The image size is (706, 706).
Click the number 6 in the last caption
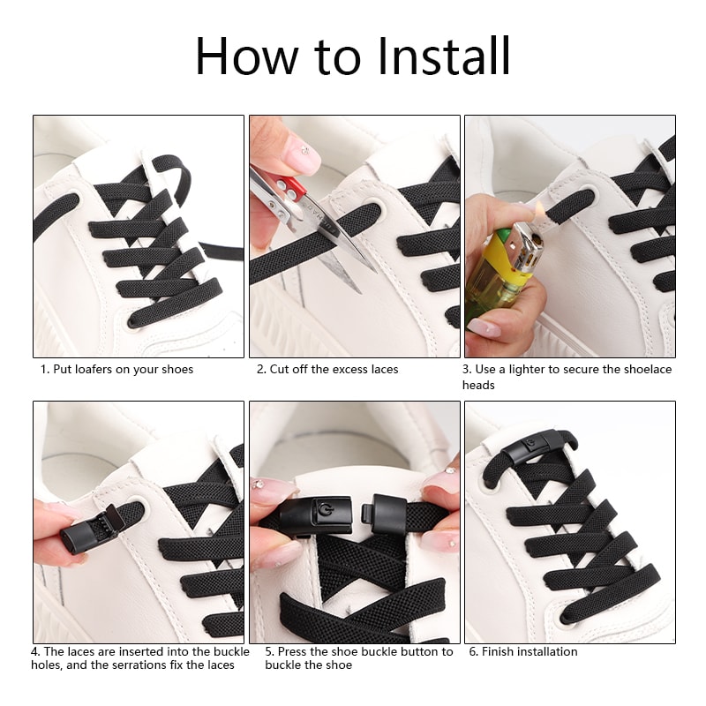coord(472,651)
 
